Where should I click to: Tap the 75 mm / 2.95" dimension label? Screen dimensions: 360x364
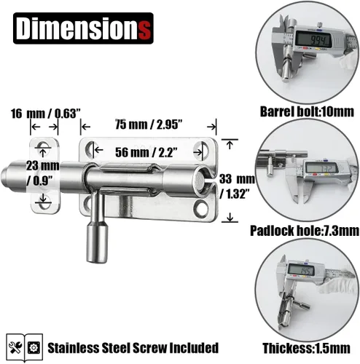point(149,124)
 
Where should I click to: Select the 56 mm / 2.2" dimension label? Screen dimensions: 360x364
point(146,152)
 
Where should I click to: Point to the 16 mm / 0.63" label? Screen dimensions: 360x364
point(45,114)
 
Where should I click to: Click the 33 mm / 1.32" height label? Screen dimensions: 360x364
point(237,186)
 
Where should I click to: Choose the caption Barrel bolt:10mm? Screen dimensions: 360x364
point(307,112)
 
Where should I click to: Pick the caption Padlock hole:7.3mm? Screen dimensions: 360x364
point(305,231)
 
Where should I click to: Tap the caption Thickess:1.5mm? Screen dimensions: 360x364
point(307,349)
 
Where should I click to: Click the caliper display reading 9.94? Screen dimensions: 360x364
point(313,39)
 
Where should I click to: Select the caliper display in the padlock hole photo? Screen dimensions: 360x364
point(321,167)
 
